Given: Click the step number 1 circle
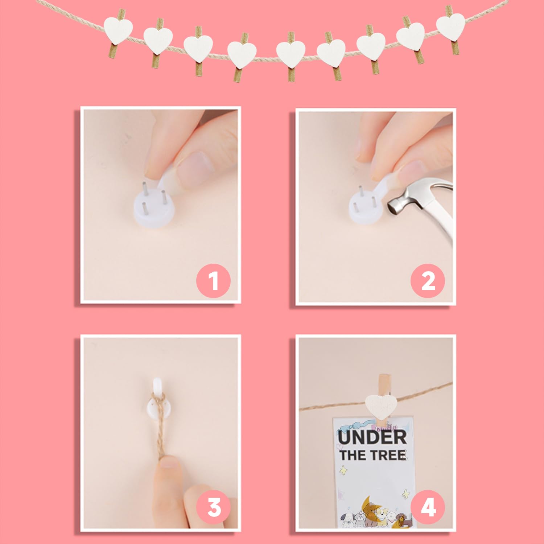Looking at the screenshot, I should pyautogui.click(x=213, y=281).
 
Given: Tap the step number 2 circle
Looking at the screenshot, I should pyautogui.click(x=428, y=281).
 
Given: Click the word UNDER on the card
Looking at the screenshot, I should pyautogui.click(x=372, y=437).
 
